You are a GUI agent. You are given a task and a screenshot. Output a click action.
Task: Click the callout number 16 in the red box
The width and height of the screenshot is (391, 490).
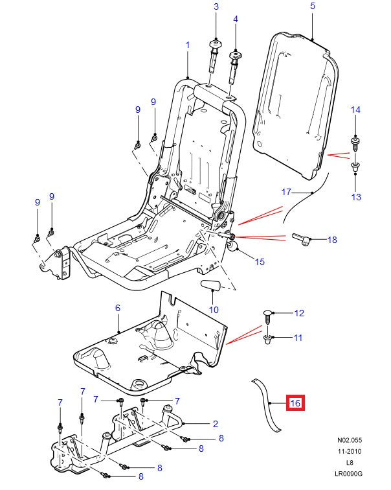click(295, 403)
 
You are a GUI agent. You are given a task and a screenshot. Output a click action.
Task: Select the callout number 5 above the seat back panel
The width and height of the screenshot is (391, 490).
click(312, 6)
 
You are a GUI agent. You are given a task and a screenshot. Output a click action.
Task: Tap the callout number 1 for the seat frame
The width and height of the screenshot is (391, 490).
click(187, 45)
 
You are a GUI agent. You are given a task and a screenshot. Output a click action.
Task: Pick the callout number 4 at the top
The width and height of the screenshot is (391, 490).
click(236, 19)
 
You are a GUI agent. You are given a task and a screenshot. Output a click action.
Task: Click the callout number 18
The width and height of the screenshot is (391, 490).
click(331, 240)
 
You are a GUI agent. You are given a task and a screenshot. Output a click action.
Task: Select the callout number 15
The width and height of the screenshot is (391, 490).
click(260, 262)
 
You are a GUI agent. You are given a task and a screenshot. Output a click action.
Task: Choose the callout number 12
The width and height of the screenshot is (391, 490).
click(298, 313)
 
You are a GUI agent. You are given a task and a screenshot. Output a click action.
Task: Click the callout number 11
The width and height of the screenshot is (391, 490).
click(298, 338)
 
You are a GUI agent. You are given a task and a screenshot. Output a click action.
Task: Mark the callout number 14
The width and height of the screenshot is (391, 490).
click(355, 110)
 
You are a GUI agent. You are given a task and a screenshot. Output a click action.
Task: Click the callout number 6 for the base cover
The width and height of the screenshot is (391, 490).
click(117, 308)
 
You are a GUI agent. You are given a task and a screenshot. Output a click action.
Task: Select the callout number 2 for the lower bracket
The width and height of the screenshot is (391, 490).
click(215, 424)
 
